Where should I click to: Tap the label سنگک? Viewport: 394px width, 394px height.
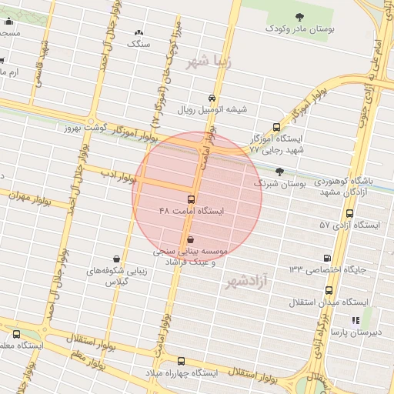pos(139,44)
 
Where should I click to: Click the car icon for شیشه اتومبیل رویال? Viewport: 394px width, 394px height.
pos(211,98)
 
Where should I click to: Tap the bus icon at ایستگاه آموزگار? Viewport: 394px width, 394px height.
pos(276,128)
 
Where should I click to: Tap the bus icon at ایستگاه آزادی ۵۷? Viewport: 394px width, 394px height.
pos(350,213)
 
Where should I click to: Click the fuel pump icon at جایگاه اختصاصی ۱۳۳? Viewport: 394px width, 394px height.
pos(329,258)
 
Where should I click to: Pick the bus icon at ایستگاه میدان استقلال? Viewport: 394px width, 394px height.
pos(329,291)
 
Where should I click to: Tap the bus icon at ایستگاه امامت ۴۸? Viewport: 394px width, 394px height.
pos(191,199)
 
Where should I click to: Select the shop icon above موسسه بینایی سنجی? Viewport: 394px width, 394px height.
pos(190,239)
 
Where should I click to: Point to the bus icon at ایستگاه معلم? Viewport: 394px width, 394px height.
pos(17,334)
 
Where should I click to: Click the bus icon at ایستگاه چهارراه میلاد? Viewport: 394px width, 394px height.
pos(182,360)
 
